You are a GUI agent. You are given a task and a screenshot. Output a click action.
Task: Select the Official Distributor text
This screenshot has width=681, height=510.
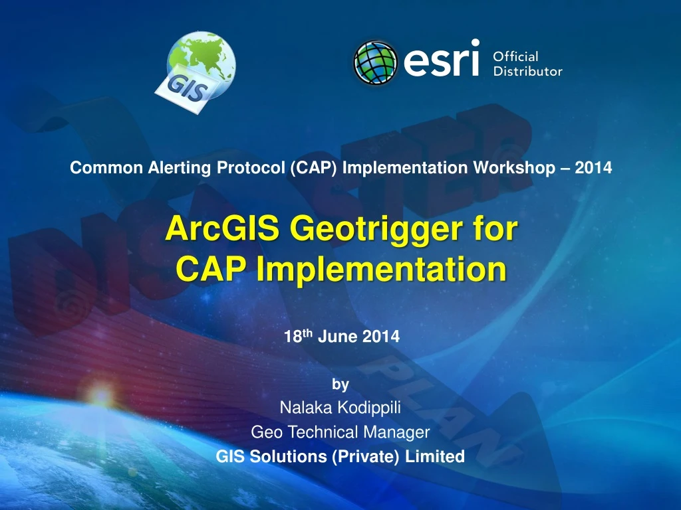(x=527, y=64)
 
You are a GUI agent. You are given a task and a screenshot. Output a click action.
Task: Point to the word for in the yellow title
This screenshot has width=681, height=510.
(x=493, y=230)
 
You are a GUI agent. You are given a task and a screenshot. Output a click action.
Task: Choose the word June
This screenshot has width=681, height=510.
(x=339, y=337)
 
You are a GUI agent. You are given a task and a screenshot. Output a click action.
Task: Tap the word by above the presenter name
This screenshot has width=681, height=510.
(x=340, y=384)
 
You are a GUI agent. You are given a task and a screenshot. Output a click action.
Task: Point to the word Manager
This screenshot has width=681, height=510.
(x=396, y=432)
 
